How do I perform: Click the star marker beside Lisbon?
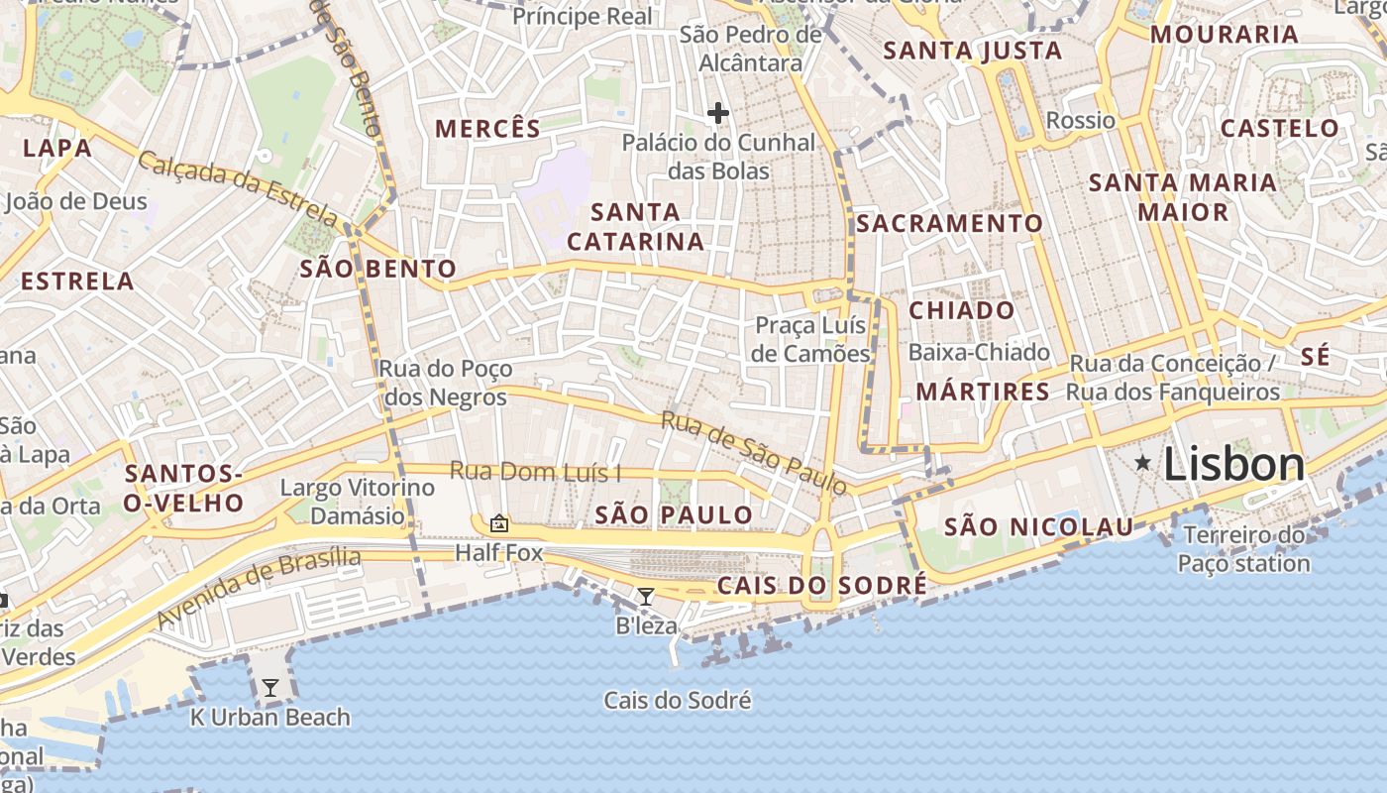[x=1143, y=462]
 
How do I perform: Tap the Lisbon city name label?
[x=1234, y=464]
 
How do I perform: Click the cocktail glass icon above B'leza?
[x=646, y=596]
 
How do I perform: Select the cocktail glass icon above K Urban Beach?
[x=269, y=687]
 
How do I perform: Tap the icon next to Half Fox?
[x=499, y=522]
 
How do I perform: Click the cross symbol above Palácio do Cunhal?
[x=718, y=114]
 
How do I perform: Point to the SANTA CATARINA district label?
[x=636, y=226]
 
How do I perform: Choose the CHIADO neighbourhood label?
[x=962, y=310]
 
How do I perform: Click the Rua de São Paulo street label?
[x=754, y=453]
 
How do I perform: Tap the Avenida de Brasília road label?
[x=259, y=586]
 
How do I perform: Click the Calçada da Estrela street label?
[x=238, y=187]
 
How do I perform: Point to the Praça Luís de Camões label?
[x=810, y=339]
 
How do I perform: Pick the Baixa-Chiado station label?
[x=979, y=352]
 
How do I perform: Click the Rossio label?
[x=1081, y=121]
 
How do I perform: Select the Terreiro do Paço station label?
[x=1243, y=550]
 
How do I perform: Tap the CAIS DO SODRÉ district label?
[x=822, y=586]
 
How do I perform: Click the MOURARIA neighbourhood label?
[x=1225, y=35]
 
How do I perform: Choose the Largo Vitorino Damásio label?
[x=358, y=502]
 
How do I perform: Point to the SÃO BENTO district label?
[x=377, y=269]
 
